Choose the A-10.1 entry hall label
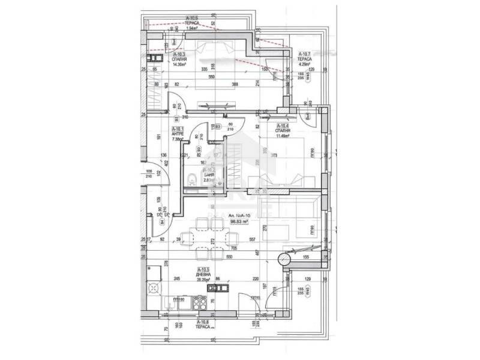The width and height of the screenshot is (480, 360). click(178, 129)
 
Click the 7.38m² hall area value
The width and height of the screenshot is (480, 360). click(178, 139)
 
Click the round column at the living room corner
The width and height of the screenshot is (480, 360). click(283, 260)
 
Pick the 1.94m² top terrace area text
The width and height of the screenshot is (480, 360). click(192, 28)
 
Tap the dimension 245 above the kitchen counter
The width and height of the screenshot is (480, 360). click(178, 279)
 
